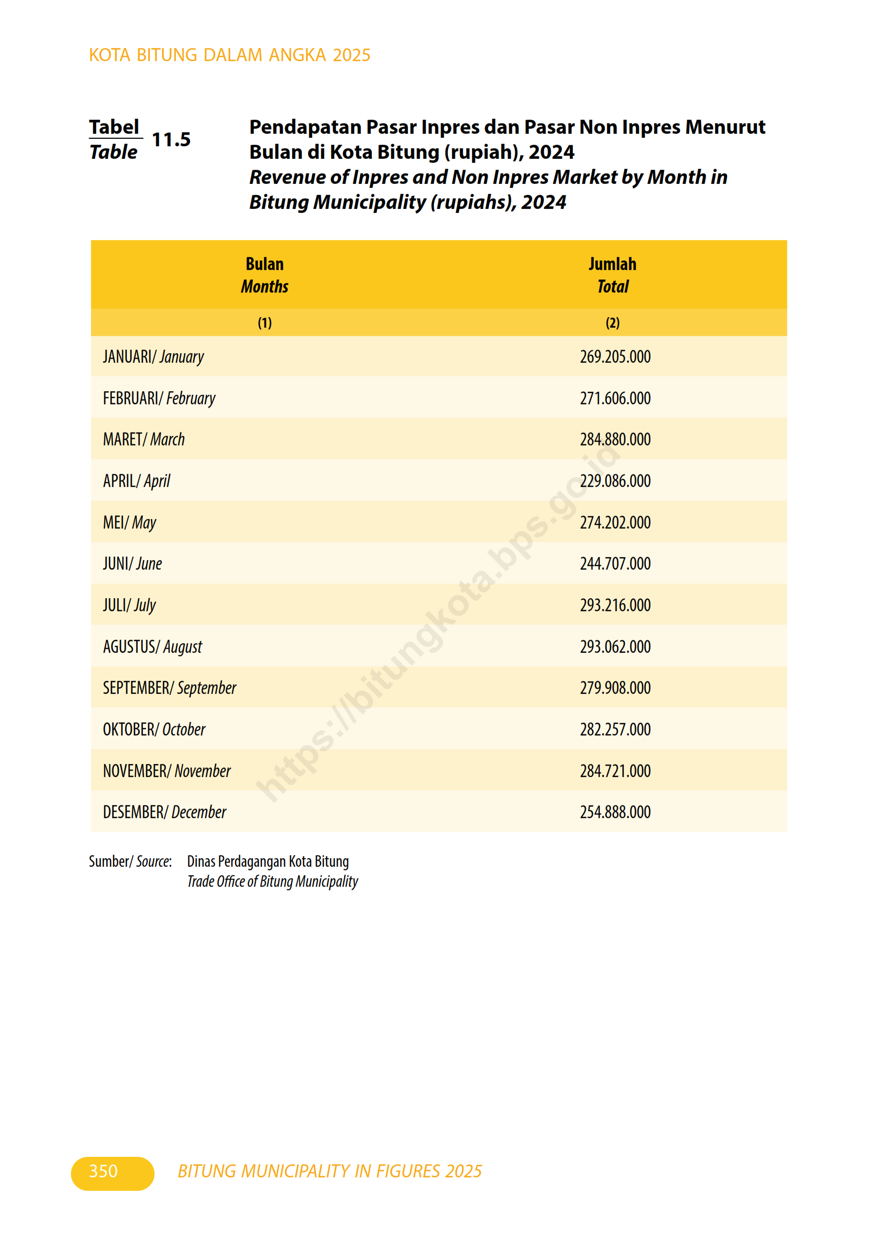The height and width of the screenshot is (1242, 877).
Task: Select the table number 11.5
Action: (171, 140)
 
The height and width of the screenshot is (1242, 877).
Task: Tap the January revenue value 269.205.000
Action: (614, 357)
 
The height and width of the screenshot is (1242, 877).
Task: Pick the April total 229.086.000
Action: (614, 481)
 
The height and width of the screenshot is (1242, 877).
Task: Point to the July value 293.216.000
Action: (614, 605)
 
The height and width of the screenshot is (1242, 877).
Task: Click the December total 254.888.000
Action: (614, 812)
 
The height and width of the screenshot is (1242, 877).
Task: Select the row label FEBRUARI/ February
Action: (159, 399)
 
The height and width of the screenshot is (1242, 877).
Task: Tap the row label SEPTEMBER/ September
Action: (169, 688)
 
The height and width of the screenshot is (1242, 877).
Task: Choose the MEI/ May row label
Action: (129, 523)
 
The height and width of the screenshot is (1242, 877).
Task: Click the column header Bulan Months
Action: (265, 275)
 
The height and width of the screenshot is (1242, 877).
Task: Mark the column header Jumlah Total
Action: (612, 275)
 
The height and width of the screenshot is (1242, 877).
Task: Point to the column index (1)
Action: (265, 323)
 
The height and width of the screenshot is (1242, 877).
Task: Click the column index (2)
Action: (612, 323)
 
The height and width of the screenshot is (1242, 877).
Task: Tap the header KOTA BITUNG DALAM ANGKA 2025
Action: (230, 55)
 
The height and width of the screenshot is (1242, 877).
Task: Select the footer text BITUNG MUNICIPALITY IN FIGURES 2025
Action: (329, 1171)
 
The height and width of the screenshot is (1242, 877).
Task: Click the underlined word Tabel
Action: (114, 127)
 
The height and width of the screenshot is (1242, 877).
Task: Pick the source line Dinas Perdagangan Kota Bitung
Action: (268, 861)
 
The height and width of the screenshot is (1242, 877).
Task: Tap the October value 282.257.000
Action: (614, 729)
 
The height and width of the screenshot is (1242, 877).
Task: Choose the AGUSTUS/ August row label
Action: (152, 647)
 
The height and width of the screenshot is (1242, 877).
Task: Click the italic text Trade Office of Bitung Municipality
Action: (272, 882)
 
